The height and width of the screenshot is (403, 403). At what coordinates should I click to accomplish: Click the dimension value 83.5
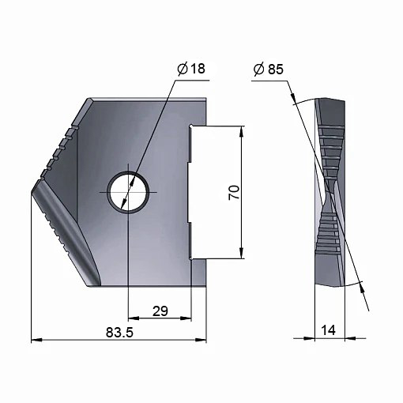point(119,333)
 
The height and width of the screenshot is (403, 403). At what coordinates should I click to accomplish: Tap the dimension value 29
point(160,311)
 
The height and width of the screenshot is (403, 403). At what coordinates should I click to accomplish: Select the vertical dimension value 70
point(234,193)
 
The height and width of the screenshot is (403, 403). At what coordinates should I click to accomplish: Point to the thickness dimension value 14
point(329,330)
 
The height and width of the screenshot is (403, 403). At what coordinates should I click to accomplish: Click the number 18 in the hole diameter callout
point(198,69)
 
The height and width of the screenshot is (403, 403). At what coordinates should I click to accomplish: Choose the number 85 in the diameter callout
point(276,70)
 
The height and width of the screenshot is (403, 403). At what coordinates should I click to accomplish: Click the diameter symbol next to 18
point(183,69)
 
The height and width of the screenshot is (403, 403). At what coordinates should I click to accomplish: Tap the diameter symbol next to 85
point(259,70)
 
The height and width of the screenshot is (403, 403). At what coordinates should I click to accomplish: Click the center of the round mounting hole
point(128,192)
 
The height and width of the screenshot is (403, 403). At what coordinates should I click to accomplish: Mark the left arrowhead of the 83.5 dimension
point(36,341)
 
